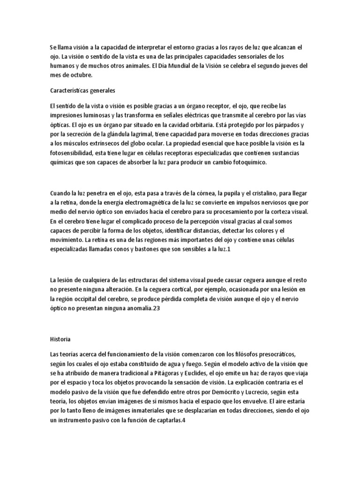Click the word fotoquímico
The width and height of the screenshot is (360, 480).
coord(245,162)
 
